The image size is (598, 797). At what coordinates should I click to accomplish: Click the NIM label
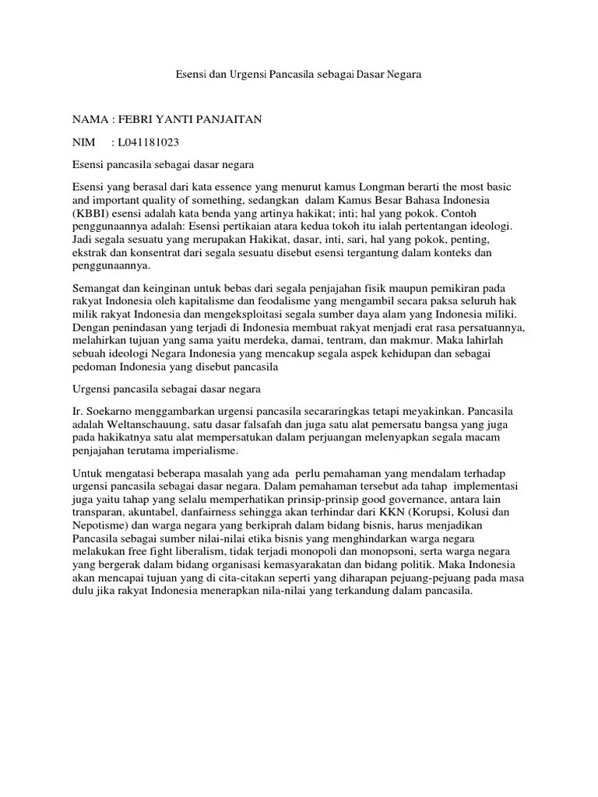84,142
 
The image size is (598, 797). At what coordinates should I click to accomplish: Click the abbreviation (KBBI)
92,212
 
